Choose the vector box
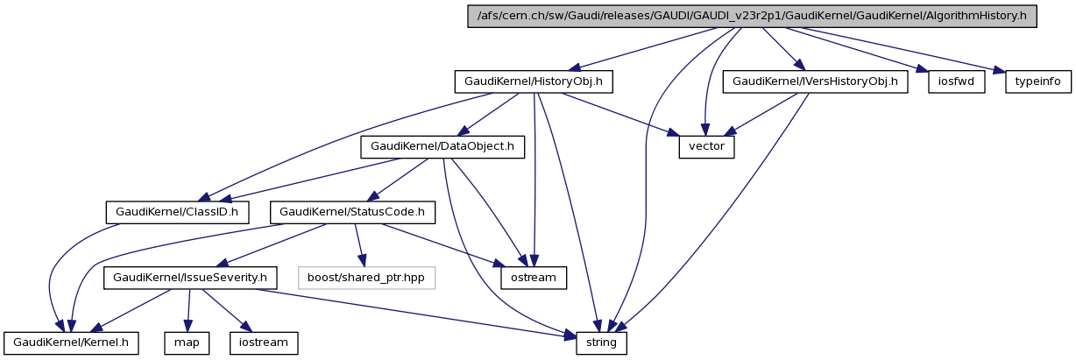click(706, 146)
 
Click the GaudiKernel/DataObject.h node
click(442, 146)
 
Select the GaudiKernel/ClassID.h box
click(177, 212)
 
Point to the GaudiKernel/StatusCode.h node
click(352, 212)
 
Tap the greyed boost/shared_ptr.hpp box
click(366, 278)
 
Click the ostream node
click(533, 278)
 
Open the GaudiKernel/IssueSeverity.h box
click(191, 278)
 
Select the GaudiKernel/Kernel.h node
click(71, 342)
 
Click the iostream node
click(264, 342)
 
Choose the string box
click(601, 342)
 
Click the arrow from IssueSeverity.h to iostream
click(227, 310)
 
